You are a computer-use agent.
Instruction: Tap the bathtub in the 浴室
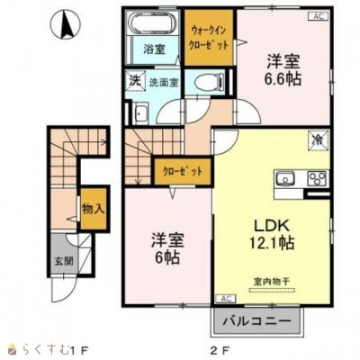coord(154,25)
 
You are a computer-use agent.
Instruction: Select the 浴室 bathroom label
coord(154,51)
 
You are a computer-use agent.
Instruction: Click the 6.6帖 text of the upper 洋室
coord(283,79)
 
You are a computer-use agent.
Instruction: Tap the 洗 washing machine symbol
coord(132,81)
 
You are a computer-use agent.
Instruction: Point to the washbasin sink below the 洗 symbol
coord(142,114)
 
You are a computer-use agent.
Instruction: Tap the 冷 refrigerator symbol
coord(317,139)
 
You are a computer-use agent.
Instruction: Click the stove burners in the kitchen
coord(317,176)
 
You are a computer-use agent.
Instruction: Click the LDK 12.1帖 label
coord(261,232)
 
